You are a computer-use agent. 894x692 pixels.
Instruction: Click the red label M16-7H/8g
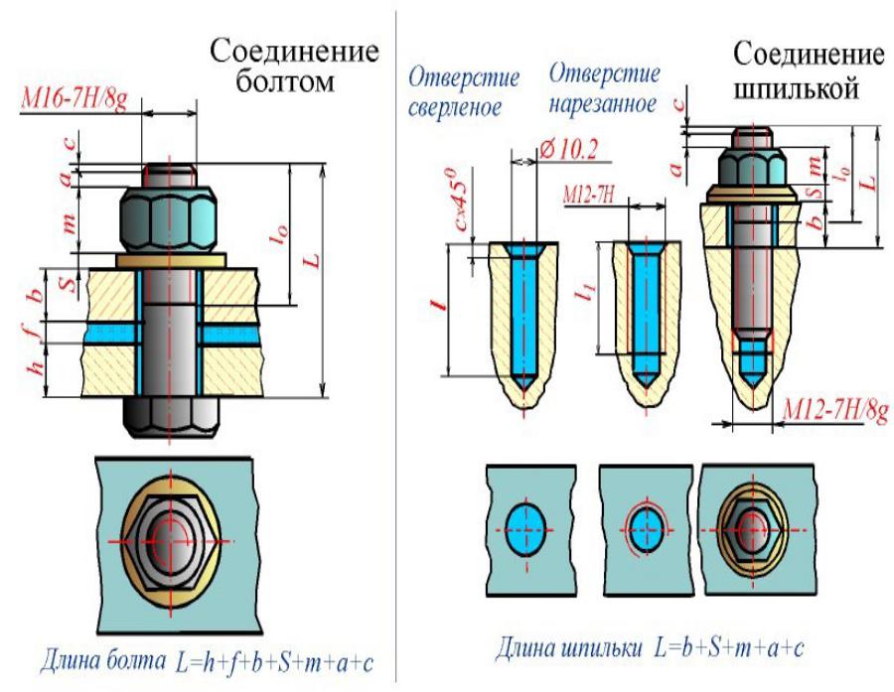pos(74,98)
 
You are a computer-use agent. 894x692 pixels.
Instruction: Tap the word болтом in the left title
pos(284,81)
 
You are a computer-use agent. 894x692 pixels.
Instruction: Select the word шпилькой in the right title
pos(796,89)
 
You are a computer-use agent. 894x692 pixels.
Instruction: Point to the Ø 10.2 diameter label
pos(568,149)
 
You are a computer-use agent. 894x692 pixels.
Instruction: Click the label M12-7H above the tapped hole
pos(589,195)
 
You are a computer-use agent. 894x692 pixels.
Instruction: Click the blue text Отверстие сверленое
pos(464,91)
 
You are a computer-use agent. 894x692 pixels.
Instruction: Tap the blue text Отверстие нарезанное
pos(604,88)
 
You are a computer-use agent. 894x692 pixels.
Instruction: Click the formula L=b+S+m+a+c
pos(730,647)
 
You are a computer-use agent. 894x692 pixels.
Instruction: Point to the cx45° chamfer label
pos(463,200)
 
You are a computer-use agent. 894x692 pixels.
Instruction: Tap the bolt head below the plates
pos(169,417)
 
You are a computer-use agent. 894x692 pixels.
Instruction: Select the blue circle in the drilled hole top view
pos(526,529)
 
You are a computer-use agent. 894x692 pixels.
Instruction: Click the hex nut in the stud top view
pos(753,530)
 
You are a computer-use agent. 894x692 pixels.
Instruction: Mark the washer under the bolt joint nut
pos(171,260)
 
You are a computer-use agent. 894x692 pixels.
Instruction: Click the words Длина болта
pos(103,661)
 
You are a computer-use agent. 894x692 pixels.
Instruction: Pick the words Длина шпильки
pos(568,647)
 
